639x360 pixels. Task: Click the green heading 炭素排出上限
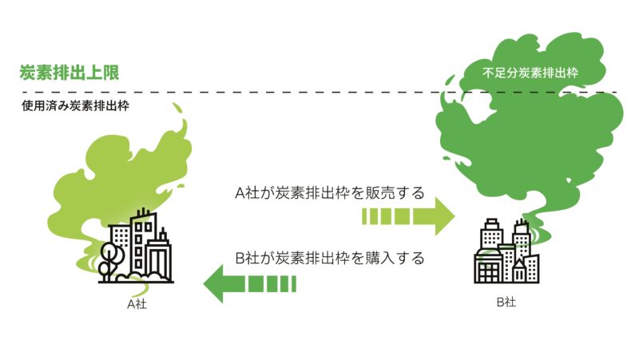coord(69,73)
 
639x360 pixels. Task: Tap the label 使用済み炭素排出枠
coord(75,106)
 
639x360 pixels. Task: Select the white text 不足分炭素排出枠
coord(530,73)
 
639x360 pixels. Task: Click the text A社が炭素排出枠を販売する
coord(330,192)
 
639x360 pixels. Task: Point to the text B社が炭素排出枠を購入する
coord(330,258)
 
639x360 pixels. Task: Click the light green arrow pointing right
coord(408,216)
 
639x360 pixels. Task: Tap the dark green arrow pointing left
coord(249,284)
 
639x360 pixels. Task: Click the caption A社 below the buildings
coord(137,304)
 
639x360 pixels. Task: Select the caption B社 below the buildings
coord(506,302)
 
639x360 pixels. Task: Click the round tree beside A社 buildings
coord(110,255)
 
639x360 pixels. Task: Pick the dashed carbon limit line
coord(321,93)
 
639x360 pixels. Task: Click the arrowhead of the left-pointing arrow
coord(213,284)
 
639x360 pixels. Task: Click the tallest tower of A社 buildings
coord(142,244)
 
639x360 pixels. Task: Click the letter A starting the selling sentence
coord(240,193)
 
